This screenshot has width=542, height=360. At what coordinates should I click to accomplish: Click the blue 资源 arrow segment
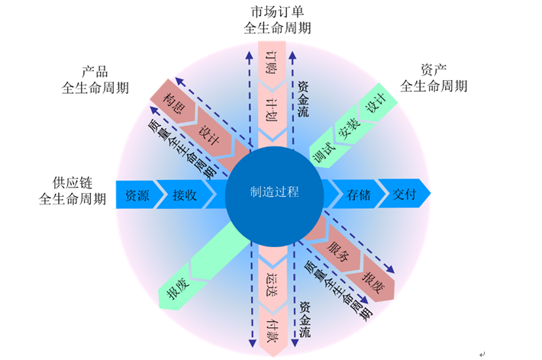[x=137, y=194]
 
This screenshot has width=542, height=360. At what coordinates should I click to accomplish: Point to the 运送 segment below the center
[x=271, y=280]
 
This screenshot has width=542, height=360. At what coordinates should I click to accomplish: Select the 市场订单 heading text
[x=277, y=13]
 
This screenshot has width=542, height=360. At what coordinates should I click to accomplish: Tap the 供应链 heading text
[x=73, y=183]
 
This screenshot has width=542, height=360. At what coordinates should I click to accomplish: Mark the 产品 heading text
[x=95, y=71]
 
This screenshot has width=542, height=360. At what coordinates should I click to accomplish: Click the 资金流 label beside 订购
[x=302, y=97]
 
